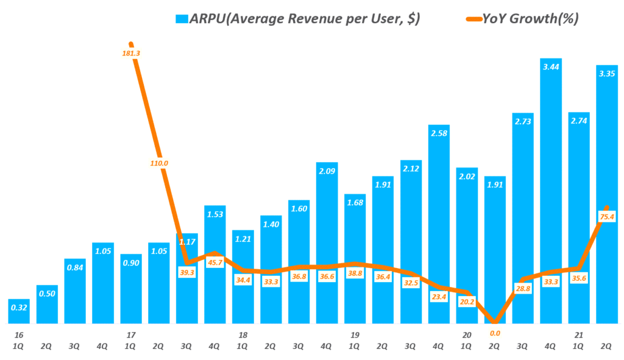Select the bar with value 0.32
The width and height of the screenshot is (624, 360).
click(x=19, y=311)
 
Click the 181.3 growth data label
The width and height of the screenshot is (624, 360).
click(x=131, y=54)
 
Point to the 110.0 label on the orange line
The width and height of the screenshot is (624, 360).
click(x=158, y=163)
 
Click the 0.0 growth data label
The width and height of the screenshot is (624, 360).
click(x=495, y=333)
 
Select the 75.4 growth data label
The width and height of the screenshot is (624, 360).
click(x=607, y=216)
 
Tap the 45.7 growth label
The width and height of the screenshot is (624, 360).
click(x=214, y=263)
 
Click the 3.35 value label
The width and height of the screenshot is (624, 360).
click(x=607, y=74)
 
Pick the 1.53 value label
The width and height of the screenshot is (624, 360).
click(x=214, y=214)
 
